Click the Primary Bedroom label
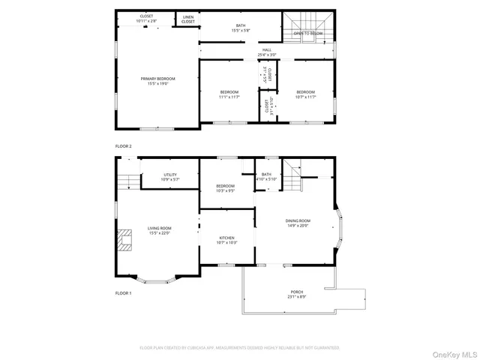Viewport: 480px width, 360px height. coord(157,81)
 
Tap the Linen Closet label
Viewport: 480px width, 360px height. coord(187,19)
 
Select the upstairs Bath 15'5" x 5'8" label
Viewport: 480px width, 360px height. coord(241,28)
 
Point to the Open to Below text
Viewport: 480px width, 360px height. coord(308,34)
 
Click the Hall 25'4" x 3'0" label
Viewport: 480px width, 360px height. coord(267,53)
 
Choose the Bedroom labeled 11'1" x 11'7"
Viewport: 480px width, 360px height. coord(229,94)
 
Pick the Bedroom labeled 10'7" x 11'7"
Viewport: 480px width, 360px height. coord(306,94)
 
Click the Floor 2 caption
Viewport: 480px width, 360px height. coord(123,145)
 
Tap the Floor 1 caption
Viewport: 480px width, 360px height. coord(123,292)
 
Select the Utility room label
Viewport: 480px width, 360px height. coord(170,177)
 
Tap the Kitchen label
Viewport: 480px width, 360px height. coord(226,240)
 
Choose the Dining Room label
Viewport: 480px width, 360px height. coord(298,223)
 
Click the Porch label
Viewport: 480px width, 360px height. coord(298,294)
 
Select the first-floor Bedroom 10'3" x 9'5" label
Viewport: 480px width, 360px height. coord(225,188)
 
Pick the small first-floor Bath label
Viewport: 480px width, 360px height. coord(266,177)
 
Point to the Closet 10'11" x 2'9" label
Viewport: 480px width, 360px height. coord(147,19)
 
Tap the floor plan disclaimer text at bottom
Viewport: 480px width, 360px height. coord(240,348)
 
